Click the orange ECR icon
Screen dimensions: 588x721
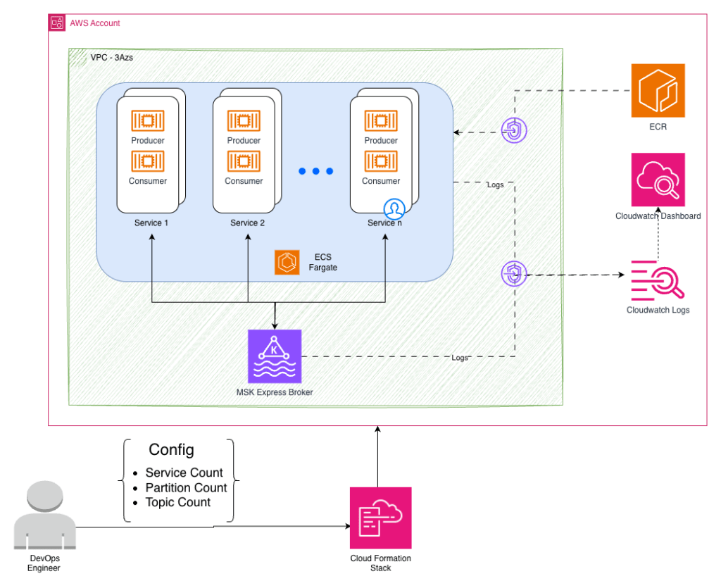click(x=658, y=90)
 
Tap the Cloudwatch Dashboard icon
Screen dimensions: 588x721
click(x=658, y=180)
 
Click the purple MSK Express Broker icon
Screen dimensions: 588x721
click(x=275, y=356)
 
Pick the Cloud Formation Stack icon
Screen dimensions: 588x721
click(x=380, y=518)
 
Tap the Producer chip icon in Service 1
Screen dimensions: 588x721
click(x=148, y=120)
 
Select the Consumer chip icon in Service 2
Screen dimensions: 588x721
click(x=244, y=161)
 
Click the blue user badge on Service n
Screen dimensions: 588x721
click(x=394, y=208)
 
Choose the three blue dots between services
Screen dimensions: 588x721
click(x=315, y=171)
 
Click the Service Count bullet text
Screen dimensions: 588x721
click(x=184, y=473)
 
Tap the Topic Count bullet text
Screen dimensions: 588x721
click(x=177, y=502)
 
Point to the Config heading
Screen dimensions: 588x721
click(x=171, y=450)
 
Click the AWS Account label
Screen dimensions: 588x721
click(x=94, y=23)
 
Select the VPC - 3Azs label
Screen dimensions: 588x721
click(x=111, y=57)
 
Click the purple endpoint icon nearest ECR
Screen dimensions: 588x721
click(x=514, y=130)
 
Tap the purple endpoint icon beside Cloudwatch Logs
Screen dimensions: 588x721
click(x=514, y=274)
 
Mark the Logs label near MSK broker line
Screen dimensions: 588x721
click(x=460, y=358)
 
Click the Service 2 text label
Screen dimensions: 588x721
click(x=248, y=223)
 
